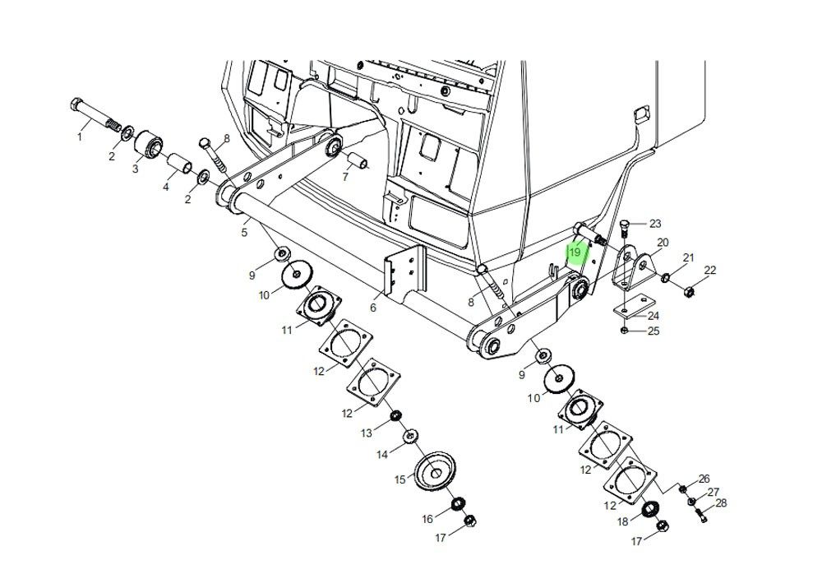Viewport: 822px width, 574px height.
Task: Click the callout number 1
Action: point(80,137)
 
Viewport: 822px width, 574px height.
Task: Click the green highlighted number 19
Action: point(575,252)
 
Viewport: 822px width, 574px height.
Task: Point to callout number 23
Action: point(655,224)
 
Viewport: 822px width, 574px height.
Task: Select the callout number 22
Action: point(709,271)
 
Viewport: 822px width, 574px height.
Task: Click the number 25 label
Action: point(653,331)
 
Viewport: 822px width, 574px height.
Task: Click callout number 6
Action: point(373,308)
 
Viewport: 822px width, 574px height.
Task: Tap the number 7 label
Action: point(345,177)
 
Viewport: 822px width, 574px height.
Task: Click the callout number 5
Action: point(244,234)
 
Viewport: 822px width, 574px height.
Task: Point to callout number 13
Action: point(367,433)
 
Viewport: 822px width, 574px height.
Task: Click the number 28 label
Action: point(721,503)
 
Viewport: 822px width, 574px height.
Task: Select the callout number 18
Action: point(623,521)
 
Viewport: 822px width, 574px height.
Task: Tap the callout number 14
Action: point(382,455)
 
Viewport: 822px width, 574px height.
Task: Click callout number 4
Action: point(166,187)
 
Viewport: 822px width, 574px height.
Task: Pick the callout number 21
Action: point(688,258)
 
